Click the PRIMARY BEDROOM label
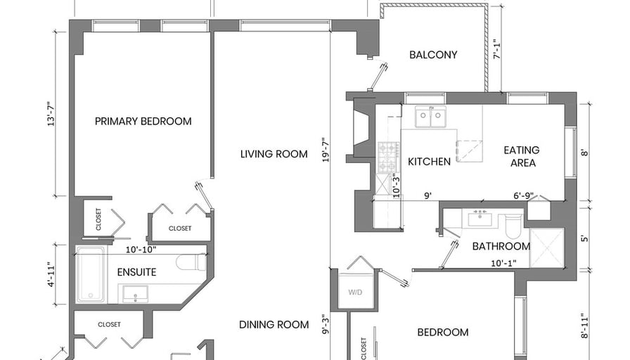(x=143, y=122)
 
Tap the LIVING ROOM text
(x=274, y=154)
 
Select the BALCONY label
(x=433, y=55)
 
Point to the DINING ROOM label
(x=274, y=325)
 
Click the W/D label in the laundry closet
(x=355, y=292)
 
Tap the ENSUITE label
(x=136, y=272)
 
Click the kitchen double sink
(x=430, y=117)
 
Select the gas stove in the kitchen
(x=389, y=157)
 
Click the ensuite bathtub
(x=91, y=275)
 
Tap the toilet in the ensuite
(x=191, y=262)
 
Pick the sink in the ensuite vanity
(x=135, y=293)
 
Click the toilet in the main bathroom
(x=513, y=226)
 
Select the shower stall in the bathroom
(x=547, y=247)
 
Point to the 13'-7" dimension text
(x=51, y=114)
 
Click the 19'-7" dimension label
(x=326, y=150)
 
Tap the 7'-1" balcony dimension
(x=497, y=49)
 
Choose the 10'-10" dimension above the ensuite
(x=141, y=250)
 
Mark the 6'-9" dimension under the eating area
(x=524, y=195)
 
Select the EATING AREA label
(x=522, y=156)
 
